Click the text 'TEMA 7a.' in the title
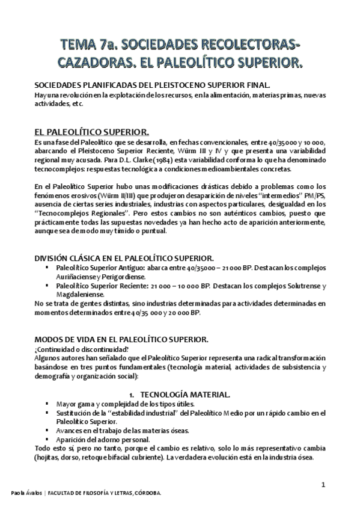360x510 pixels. pos(89,45)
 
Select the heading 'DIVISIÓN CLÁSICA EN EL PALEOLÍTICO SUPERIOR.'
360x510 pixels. pos(129,257)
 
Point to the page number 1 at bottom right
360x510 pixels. pos(323,485)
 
